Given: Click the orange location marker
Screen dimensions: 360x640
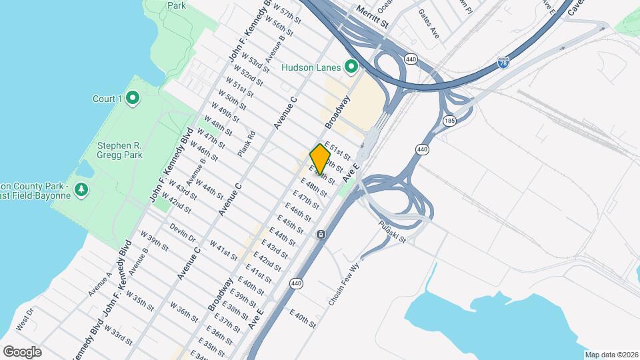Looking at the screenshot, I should coord(321,159).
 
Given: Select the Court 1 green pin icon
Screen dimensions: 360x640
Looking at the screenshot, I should coord(132,99).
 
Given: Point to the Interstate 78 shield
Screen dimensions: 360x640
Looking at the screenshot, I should coord(504,64).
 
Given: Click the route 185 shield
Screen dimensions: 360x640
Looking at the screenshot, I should coord(449,120).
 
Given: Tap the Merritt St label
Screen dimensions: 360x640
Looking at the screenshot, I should coord(372,13).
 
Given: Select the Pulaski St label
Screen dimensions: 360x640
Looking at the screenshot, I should coord(392,231).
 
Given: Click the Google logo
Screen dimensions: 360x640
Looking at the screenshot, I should coord(22,352).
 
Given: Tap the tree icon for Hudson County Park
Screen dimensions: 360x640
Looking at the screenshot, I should coord(81,190).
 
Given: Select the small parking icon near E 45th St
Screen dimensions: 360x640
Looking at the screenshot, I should coord(321,235).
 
